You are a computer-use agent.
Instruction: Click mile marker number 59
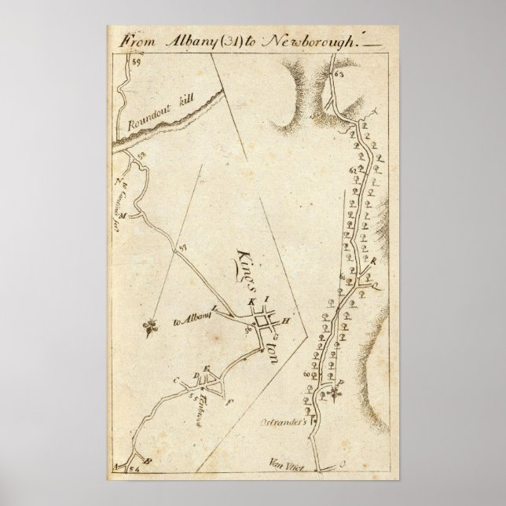point(136,60)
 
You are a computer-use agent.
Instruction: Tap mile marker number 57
point(183,249)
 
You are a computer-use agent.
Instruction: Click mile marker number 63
point(339,75)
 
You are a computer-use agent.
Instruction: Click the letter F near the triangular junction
point(228,402)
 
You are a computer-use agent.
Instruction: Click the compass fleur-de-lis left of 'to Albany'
point(150,327)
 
